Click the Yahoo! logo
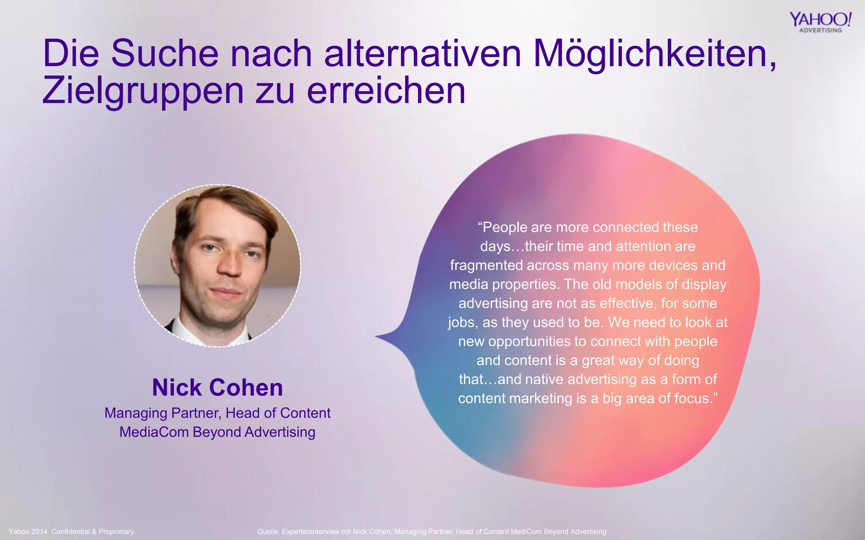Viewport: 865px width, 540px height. click(x=820, y=19)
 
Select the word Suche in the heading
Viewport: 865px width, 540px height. click(x=165, y=54)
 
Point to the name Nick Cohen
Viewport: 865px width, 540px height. click(x=218, y=387)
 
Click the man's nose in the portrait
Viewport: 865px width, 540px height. click(x=230, y=266)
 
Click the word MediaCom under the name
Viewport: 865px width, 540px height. click(x=154, y=432)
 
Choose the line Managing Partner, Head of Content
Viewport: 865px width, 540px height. click(x=218, y=413)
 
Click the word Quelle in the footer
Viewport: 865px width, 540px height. click(x=268, y=532)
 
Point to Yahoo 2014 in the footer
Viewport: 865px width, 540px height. click(x=28, y=532)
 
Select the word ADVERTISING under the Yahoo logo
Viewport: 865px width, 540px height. click(x=820, y=30)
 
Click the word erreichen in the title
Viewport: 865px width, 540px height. click(x=386, y=91)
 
